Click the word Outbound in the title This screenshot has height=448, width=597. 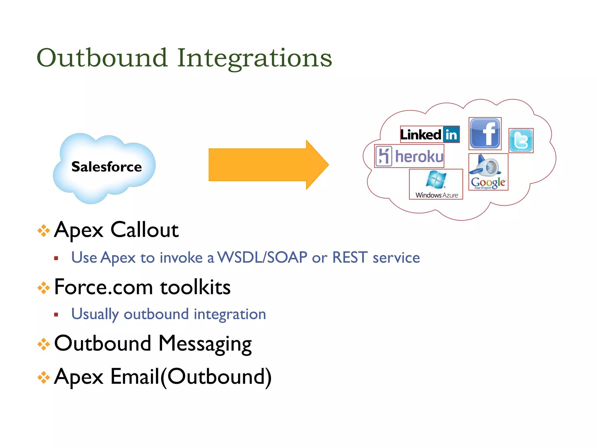(x=102, y=58)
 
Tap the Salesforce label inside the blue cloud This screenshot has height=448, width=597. (x=106, y=167)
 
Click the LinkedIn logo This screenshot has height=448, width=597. (x=430, y=134)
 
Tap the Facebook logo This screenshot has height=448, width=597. (x=485, y=134)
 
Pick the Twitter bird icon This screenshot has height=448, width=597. (x=521, y=141)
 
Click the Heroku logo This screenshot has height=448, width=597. (x=409, y=156)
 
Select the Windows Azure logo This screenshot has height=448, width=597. (x=436, y=184)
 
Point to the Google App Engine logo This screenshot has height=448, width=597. (x=488, y=172)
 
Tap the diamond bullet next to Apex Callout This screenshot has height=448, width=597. (x=44, y=231)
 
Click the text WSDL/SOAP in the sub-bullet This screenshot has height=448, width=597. (x=262, y=258)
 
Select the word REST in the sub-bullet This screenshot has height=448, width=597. (x=350, y=258)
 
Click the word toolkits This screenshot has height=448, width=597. (x=195, y=287)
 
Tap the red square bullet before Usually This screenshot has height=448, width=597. (x=56, y=315)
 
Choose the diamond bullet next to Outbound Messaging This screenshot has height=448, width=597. (x=44, y=344)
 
